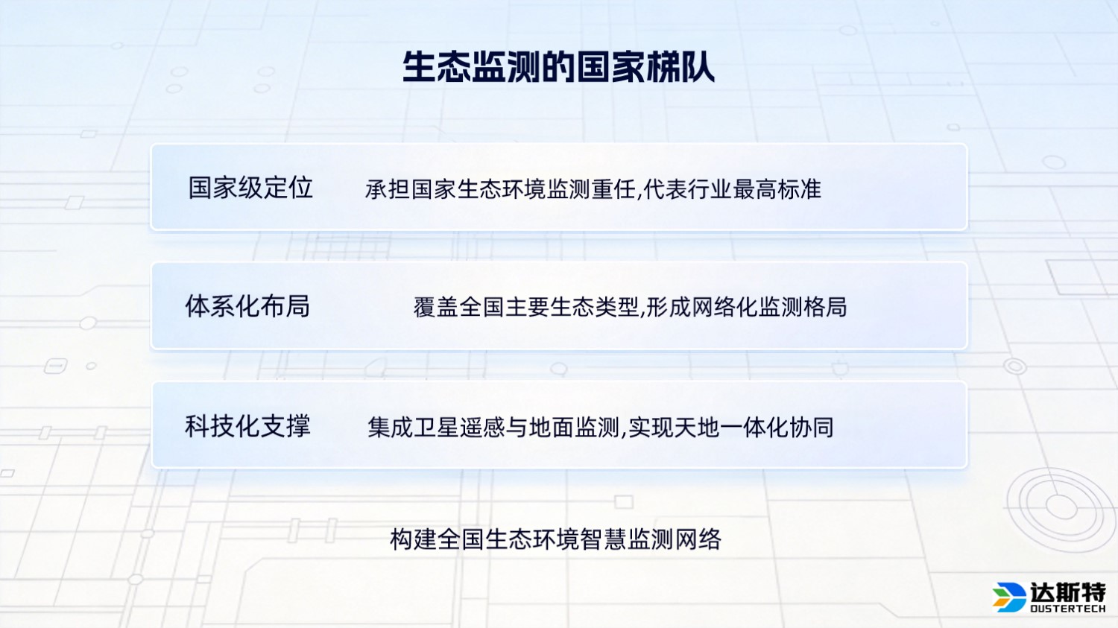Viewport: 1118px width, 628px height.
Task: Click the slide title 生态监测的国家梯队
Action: click(558, 67)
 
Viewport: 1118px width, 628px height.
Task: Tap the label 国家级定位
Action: click(250, 188)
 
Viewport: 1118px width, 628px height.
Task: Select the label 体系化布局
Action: click(247, 306)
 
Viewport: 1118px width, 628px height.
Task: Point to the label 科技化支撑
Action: click(247, 426)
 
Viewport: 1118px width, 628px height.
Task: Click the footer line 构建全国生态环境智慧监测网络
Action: click(555, 539)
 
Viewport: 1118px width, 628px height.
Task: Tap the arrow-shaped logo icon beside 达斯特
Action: click(1009, 596)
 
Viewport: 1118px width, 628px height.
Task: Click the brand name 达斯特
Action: click(1067, 592)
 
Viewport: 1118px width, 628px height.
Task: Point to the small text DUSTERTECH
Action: click(1067, 609)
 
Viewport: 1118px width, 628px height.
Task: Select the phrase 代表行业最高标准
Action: click(732, 189)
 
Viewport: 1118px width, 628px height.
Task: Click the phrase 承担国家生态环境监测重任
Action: click(500, 189)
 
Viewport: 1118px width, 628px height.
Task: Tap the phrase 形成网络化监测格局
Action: click(746, 307)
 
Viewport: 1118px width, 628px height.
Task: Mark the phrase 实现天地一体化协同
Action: click(730, 428)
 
